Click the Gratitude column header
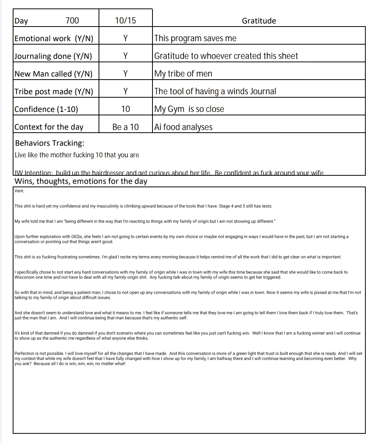tap(259, 21)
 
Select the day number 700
tap(72, 21)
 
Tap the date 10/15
tap(126, 21)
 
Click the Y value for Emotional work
tap(126, 38)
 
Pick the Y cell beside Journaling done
tap(126, 56)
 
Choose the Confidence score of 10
tap(126, 109)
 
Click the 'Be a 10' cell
tap(126, 127)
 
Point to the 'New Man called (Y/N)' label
tap(54, 74)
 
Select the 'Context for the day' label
tap(49, 127)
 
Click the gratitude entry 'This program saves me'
tap(195, 38)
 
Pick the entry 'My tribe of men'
tap(183, 74)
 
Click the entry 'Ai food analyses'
tap(183, 127)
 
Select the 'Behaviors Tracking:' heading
tap(50, 143)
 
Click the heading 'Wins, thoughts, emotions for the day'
tap(81, 181)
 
